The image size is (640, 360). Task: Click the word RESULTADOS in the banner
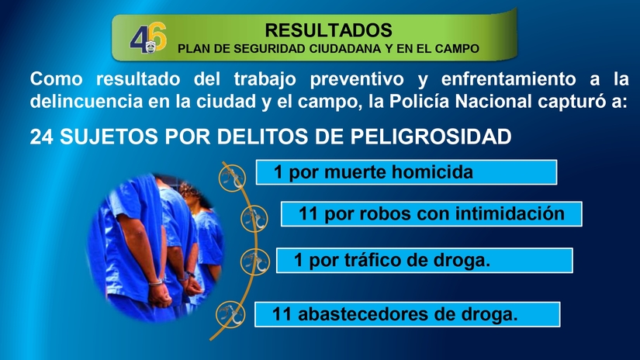click(x=328, y=30)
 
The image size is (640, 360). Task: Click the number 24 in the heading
click(x=41, y=137)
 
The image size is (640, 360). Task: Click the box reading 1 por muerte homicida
click(x=406, y=172)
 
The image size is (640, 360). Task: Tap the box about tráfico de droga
click(x=424, y=261)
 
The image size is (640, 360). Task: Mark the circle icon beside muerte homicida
click(x=229, y=178)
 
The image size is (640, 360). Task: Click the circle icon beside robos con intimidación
click(x=250, y=219)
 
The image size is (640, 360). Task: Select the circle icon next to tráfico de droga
click(x=251, y=261)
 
